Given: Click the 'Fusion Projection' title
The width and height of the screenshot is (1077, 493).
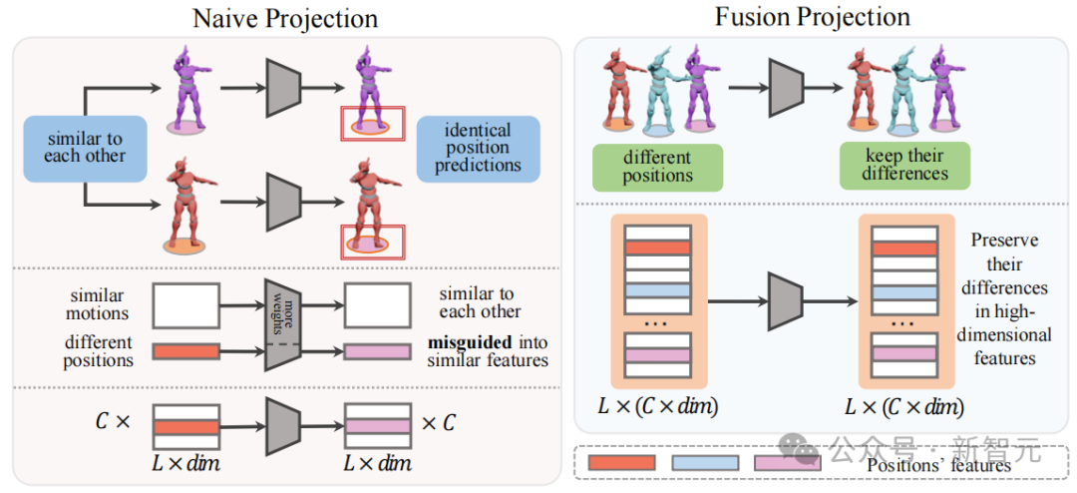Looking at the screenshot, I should pos(813,17).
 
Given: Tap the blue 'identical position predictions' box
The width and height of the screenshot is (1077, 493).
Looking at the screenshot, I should pos(478,148).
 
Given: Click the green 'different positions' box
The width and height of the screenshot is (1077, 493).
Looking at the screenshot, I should pos(657,166).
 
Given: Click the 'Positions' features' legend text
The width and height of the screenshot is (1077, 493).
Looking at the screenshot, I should pos(938,464).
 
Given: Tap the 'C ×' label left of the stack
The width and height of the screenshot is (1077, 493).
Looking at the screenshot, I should pos(113,421).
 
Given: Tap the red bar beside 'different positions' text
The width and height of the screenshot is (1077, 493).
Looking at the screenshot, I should pos(184,350).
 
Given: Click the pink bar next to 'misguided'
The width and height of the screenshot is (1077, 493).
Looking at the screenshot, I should pos(377,351).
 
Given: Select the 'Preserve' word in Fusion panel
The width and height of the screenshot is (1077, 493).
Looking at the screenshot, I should pos(1004,241).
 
